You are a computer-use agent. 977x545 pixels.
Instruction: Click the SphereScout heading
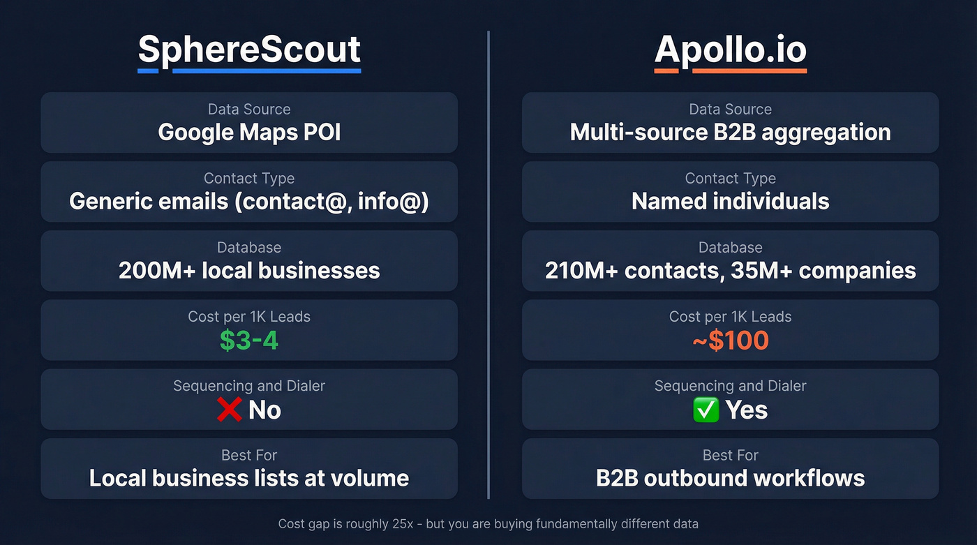[x=249, y=50]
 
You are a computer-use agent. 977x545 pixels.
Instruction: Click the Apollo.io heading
[x=730, y=50]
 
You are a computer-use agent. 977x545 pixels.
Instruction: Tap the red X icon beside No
[x=229, y=410]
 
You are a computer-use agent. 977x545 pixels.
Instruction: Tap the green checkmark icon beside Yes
[x=706, y=410]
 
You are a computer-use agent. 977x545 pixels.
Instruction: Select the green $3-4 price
[x=249, y=340]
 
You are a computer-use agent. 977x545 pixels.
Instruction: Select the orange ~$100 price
[x=730, y=341]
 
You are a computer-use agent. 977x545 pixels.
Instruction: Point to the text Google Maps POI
[x=249, y=132]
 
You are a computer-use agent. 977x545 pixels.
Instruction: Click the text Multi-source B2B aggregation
[x=730, y=132]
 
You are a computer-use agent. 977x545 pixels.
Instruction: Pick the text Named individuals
[x=730, y=202]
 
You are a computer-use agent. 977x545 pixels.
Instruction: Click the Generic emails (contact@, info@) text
[x=249, y=202]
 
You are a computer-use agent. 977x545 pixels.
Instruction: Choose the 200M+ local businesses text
[x=249, y=271]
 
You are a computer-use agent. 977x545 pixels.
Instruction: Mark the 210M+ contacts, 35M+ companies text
[x=730, y=271]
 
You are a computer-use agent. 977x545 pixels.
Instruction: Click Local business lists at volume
[x=249, y=478]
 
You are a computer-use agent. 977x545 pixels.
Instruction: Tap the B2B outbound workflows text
[x=730, y=478]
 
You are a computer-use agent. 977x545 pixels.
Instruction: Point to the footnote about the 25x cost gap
[x=488, y=523]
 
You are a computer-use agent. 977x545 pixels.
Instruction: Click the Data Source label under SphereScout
[x=249, y=110]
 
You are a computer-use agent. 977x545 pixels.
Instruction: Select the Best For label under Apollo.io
[x=730, y=456]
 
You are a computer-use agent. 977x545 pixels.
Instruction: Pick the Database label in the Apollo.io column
[x=730, y=248]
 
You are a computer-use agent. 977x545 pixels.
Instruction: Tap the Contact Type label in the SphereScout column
[x=249, y=179]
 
